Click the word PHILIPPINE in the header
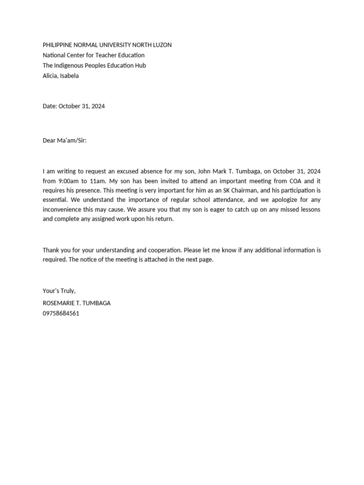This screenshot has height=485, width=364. point(58,45)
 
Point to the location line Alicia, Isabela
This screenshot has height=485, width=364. point(61,76)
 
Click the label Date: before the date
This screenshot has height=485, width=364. point(50,107)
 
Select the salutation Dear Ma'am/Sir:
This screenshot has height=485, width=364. point(65,141)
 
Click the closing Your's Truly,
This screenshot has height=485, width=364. point(59,291)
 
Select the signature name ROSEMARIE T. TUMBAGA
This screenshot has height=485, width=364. point(77,303)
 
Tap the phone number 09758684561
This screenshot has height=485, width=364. point(61,314)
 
